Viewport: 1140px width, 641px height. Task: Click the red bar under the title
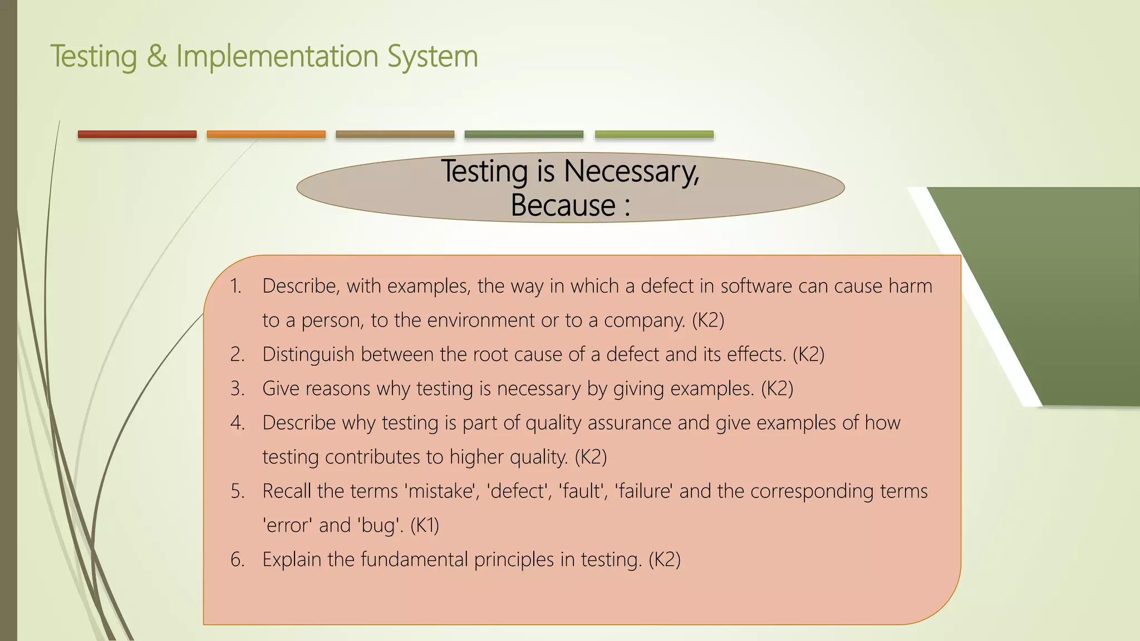[137, 134]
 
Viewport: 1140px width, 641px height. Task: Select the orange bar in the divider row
[266, 134]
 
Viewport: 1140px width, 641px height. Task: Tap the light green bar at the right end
[654, 134]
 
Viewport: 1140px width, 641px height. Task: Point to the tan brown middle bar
[395, 134]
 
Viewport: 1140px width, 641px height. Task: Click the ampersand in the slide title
[157, 56]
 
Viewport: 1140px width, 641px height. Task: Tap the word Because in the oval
[563, 205]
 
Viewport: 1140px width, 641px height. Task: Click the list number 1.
[235, 286]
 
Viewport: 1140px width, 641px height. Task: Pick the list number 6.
[238, 560]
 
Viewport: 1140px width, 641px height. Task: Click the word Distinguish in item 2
[308, 354]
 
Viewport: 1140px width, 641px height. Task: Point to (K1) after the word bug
[425, 525]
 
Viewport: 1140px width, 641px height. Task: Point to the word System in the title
[433, 56]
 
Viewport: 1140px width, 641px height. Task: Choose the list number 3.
[238, 389]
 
